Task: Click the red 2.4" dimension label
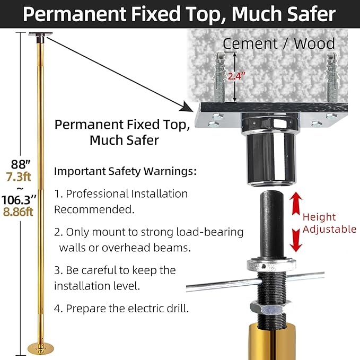click(236, 76)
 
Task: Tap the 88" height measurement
click(21, 164)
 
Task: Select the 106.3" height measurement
click(19, 200)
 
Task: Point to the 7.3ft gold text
click(19, 177)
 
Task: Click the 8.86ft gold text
click(18, 212)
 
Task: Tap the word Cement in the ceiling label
click(250, 43)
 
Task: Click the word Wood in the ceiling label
click(314, 43)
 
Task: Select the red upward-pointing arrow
click(296, 204)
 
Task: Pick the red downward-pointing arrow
click(296, 240)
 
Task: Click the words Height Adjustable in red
click(329, 223)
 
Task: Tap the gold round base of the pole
click(41, 348)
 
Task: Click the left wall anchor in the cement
click(219, 76)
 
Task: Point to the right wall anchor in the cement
click(332, 76)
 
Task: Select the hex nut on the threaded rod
click(271, 309)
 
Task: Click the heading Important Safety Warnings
click(125, 171)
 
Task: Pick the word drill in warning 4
click(178, 309)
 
